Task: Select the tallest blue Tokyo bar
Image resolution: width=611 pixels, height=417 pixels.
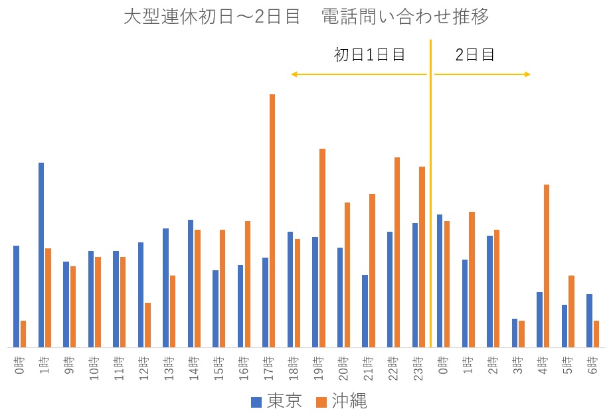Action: (x=41, y=255)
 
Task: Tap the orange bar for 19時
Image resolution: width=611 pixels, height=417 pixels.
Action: (x=322, y=248)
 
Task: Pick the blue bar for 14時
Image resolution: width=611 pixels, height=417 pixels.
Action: (x=191, y=284)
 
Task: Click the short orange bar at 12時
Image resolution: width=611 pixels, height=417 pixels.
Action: (x=147, y=325)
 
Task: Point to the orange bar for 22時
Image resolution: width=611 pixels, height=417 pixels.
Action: (x=397, y=252)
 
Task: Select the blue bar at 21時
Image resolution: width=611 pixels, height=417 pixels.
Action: (x=365, y=311)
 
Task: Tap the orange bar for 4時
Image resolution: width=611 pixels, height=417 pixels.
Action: (x=547, y=266)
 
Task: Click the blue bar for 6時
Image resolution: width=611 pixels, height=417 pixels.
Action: (x=589, y=321)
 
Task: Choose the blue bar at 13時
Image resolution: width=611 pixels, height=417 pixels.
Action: (x=165, y=288)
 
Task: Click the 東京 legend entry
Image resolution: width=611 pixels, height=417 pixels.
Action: (x=276, y=401)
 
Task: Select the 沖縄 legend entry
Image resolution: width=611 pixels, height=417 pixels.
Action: (x=341, y=401)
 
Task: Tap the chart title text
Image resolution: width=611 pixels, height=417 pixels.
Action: (x=306, y=17)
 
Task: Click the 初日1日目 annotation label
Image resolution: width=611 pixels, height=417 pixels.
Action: (x=369, y=55)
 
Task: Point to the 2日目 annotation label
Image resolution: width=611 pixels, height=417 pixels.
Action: (x=475, y=55)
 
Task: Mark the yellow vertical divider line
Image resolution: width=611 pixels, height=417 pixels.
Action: (x=431, y=199)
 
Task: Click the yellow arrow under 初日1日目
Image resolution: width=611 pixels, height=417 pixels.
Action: (x=359, y=74)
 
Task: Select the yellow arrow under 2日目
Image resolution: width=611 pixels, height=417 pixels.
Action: (x=482, y=74)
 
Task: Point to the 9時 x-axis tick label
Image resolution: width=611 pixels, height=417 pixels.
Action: (x=66, y=365)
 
